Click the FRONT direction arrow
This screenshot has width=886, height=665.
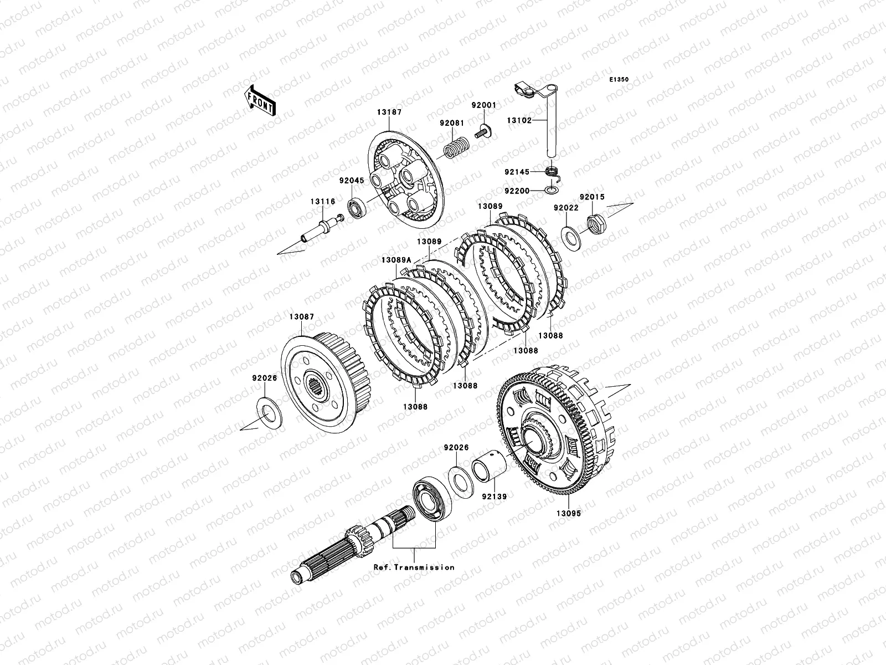260,100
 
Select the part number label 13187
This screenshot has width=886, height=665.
389,112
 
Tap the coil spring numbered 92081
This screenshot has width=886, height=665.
456,147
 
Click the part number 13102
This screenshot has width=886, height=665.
519,120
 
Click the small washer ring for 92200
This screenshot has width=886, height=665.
552,190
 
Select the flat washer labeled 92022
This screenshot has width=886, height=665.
571,238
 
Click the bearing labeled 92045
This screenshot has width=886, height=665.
357,208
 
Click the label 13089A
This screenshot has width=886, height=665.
396,260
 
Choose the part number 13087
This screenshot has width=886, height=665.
302,317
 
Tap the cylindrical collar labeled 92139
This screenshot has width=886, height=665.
489,467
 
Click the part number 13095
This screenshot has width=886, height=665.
569,514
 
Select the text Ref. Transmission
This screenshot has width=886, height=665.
414,567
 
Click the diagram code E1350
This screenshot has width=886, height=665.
619,80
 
